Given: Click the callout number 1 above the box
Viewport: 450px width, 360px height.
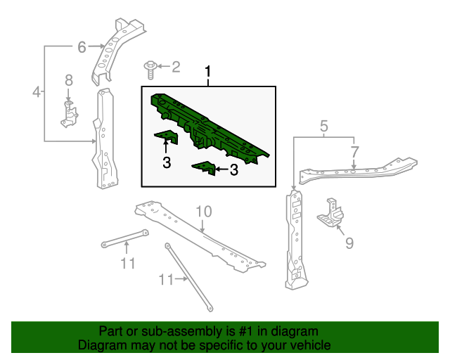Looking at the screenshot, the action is tap(208, 72).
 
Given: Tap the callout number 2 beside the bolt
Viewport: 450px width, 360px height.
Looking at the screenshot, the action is tap(176, 67).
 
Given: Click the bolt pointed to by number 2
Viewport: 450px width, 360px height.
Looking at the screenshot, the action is tap(150, 70).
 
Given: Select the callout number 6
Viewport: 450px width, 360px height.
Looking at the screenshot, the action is tap(82, 47).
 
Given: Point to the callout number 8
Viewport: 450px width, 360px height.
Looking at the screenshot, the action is tap(69, 80).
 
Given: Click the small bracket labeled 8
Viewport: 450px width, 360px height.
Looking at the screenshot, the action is tap(69, 114).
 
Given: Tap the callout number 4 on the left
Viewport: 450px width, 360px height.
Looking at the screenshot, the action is tap(37, 92).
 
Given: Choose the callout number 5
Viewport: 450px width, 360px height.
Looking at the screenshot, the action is tap(323, 126).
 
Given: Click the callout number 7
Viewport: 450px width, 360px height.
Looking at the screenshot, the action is tap(354, 152).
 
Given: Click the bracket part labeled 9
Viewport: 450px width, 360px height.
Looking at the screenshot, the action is tap(331, 212).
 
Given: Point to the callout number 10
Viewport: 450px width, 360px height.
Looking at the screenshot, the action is tap(204, 212).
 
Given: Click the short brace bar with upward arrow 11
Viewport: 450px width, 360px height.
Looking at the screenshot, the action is tap(125, 238).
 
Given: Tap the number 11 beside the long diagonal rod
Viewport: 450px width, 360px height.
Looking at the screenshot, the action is tap(167, 279).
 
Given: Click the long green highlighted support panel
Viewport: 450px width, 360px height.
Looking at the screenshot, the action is tap(210, 128).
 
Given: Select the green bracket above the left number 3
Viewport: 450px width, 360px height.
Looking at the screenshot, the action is tap(167, 137).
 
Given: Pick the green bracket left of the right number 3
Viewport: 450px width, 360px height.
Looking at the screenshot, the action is tap(204, 168).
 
